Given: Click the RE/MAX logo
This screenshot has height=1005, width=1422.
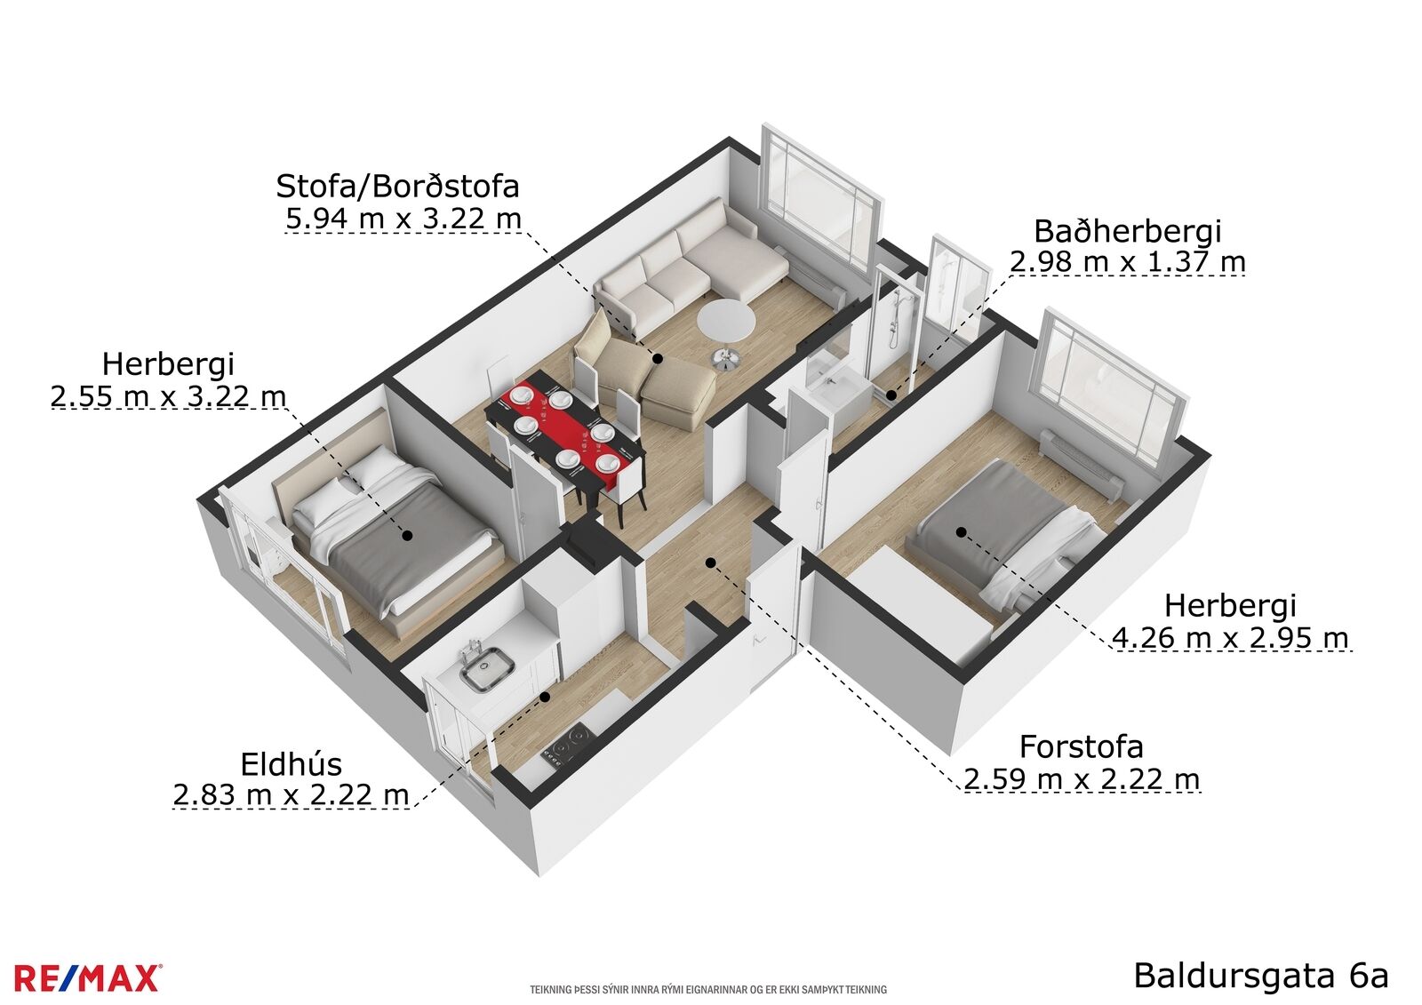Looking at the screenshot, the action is [87, 977].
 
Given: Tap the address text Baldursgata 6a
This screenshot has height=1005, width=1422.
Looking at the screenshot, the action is [1261, 976].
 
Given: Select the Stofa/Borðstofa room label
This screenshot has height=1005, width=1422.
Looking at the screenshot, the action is [397, 187].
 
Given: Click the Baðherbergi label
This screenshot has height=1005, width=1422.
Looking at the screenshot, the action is [1127, 232].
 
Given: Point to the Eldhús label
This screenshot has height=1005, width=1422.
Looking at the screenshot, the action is [292, 765].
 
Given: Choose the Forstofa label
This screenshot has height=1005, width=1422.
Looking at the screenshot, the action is [1081, 747].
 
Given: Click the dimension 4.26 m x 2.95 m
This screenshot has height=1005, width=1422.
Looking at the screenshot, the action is [1230, 637].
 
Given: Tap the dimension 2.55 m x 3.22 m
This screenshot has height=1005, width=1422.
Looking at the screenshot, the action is [168, 397].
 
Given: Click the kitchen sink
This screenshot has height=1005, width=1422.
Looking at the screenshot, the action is [487, 669].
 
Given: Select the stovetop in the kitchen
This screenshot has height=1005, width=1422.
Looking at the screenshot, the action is [568, 746].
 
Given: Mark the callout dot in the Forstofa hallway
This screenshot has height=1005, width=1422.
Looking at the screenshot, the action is [711, 563].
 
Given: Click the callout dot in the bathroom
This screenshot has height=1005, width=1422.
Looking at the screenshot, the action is [891, 395].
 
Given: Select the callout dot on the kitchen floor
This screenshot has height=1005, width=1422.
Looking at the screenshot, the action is [544, 697].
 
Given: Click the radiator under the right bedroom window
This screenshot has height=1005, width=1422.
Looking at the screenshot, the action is [1082, 464].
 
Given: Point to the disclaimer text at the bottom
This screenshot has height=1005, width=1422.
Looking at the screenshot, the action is [707, 989].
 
